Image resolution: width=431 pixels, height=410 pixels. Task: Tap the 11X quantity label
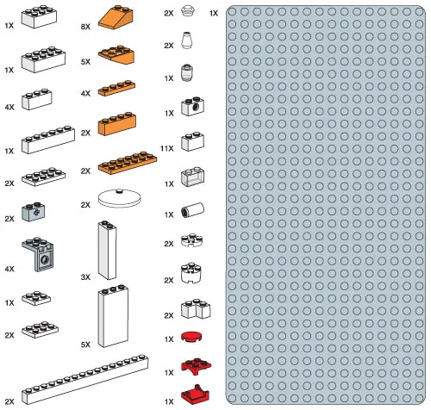[167, 149]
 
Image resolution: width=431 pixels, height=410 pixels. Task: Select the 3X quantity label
[84, 277]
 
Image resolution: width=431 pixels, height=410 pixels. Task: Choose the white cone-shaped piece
[189, 40]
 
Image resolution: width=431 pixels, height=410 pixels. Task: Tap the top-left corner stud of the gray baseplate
[234, 15]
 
